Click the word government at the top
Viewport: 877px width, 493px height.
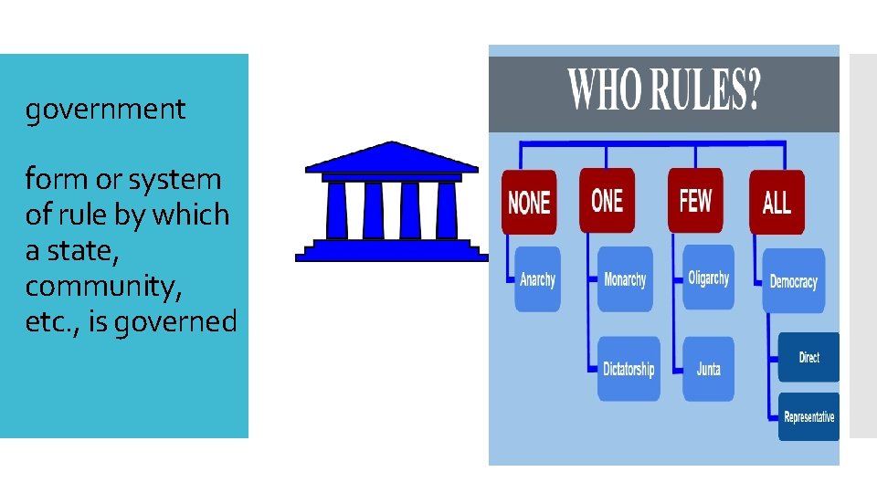coord(105,110)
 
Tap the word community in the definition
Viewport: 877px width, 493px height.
coord(103,286)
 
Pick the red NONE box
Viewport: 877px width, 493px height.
coord(529,202)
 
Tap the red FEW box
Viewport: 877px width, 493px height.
coord(694,200)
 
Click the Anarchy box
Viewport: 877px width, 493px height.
coord(537,279)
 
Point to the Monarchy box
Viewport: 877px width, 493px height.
coord(625,279)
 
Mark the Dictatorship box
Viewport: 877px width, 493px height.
coord(629,369)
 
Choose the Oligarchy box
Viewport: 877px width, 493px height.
coord(709,278)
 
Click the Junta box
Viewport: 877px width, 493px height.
coord(708,369)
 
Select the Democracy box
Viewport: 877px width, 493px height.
coord(793,281)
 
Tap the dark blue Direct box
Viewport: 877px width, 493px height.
coord(808,357)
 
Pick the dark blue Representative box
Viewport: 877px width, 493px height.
coord(808,417)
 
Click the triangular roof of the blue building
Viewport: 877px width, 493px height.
coord(391,159)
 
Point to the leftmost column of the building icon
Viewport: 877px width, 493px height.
coord(336,210)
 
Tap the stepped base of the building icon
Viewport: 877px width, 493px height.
coord(391,250)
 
